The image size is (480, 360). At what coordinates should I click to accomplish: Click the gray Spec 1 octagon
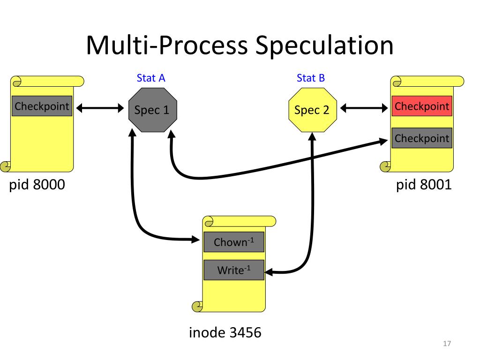click(x=152, y=110)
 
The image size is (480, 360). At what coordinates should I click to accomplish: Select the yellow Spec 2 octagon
click(x=312, y=110)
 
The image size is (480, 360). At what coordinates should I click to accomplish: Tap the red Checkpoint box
click(x=422, y=106)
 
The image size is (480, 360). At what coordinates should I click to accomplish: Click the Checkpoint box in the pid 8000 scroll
click(x=42, y=106)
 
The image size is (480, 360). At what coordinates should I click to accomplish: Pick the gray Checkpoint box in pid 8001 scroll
click(x=422, y=138)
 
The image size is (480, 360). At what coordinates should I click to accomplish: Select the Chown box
click(x=234, y=242)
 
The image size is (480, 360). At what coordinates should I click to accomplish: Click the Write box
click(x=234, y=270)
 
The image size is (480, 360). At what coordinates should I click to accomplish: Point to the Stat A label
click(x=151, y=78)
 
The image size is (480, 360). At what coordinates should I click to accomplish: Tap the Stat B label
click(x=311, y=78)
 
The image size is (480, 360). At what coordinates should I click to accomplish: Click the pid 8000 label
click(x=37, y=185)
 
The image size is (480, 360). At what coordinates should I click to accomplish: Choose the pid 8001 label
click(x=424, y=185)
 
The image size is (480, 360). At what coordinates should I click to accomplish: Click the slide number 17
click(x=446, y=345)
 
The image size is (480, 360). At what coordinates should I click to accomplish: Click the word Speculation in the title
click(x=323, y=46)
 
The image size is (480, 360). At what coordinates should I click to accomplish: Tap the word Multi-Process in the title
click(x=166, y=46)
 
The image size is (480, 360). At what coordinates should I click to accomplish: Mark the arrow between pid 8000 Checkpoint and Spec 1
click(x=99, y=109)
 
